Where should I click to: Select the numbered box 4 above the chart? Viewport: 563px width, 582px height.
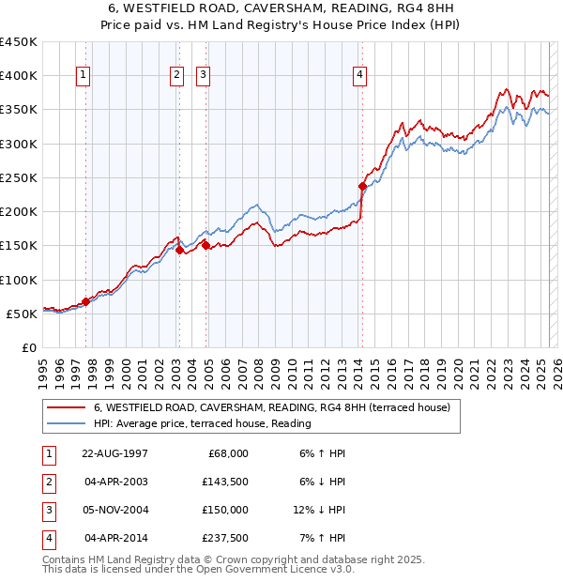pos(360,77)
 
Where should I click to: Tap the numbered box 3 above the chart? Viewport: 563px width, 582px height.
pos(203,77)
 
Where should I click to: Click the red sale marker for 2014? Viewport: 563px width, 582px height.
pos(361,186)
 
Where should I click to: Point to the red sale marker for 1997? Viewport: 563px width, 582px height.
pos(85,301)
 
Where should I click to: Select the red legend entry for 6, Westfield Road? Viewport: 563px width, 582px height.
pos(272,407)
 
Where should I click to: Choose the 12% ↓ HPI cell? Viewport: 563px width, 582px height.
pos(319,510)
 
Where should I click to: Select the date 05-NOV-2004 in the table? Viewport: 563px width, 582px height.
pos(116,510)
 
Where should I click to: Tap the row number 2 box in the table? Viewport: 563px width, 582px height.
pos(48,482)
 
